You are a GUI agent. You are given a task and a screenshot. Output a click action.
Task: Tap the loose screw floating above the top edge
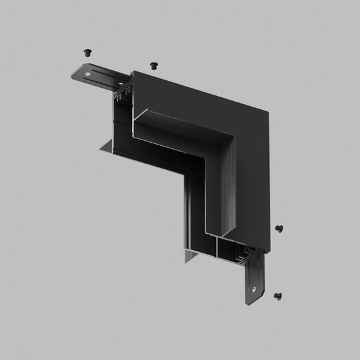pos(153,64)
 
